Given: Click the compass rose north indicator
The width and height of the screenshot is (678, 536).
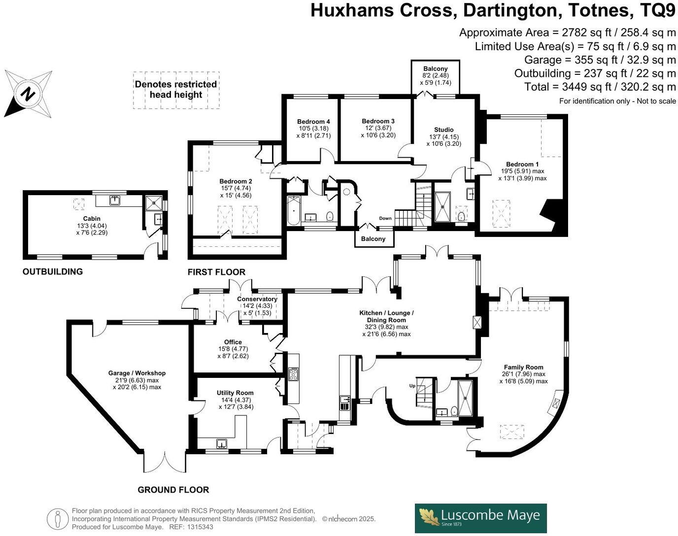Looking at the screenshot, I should (x=29, y=93).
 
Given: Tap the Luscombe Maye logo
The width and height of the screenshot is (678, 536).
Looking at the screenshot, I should (x=480, y=518).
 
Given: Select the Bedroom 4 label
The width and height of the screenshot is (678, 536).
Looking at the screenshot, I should (x=313, y=122).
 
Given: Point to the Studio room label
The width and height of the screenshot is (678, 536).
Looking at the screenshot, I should (x=443, y=130).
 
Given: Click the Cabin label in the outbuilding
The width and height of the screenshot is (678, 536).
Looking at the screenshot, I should (x=92, y=219).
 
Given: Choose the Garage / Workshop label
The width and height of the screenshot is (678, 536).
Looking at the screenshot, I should (x=137, y=373).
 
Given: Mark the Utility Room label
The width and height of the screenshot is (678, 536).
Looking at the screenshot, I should (x=235, y=393).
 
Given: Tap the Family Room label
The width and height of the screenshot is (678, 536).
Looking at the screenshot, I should (x=523, y=367).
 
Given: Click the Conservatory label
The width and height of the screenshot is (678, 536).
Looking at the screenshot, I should (x=257, y=299).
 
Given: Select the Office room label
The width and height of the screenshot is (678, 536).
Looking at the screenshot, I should (x=233, y=342).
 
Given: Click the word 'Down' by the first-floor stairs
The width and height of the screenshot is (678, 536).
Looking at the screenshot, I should (x=385, y=218).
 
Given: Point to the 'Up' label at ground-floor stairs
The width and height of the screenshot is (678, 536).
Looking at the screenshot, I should (x=412, y=385).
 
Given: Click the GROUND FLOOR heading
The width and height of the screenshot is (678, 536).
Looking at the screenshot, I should (x=173, y=490).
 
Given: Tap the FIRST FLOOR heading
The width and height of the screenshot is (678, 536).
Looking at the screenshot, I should (x=216, y=272).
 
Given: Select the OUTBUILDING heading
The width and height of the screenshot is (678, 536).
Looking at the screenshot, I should (x=53, y=271).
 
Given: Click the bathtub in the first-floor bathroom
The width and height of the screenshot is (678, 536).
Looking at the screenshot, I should (x=293, y=210).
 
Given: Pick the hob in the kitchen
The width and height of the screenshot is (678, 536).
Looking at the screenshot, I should (x=294, y=374).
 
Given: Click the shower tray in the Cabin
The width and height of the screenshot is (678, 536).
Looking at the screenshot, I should (x=154, y=201).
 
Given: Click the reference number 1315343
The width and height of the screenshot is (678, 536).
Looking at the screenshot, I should (x=200, y=527).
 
